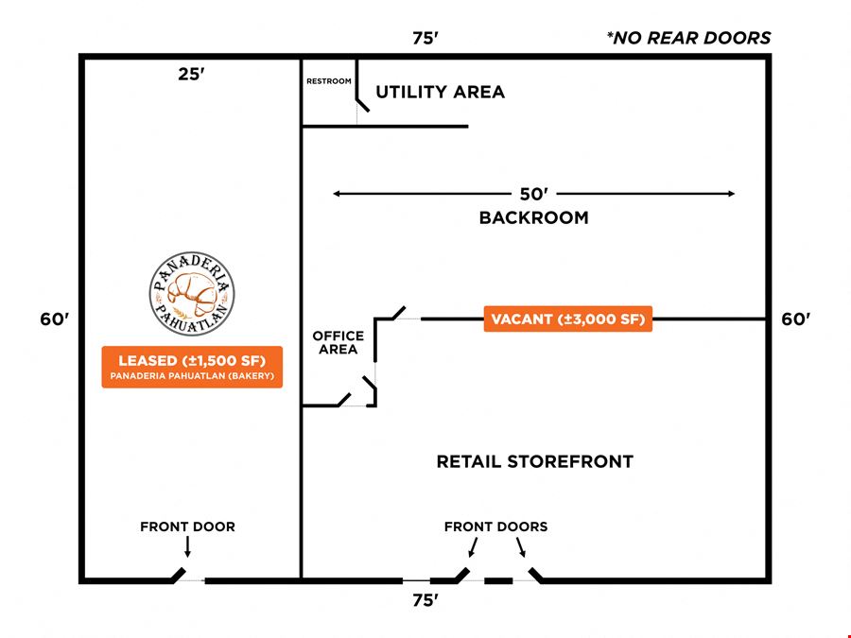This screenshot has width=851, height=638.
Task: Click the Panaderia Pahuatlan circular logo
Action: [192, 294]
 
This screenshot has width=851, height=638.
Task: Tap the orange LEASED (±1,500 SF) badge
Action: [192, 367]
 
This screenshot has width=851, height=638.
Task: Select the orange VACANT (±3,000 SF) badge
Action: [567, 319]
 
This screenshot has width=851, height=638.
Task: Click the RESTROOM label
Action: [329, 81]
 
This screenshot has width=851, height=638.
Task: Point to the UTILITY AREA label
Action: [440, 93]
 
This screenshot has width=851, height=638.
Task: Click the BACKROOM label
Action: [533, 217]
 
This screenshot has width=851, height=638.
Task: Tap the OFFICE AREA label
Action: [339, 342]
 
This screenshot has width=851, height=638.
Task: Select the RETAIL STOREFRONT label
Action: [534, 461]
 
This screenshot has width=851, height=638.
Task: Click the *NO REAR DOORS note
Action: [688, 38]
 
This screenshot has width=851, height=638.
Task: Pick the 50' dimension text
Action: [534, 194]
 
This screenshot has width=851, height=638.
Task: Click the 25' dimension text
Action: [192, 74]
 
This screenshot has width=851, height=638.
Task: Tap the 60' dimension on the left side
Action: [55, 319]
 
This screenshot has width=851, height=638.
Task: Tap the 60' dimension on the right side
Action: [795, 319]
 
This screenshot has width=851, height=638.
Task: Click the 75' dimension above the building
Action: [425, 38]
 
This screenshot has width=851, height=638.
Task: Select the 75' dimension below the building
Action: [425, 600]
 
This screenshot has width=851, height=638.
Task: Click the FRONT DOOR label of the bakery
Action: [188, 526]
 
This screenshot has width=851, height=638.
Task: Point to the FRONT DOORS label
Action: [496, 526]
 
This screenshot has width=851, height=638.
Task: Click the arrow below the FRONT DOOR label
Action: [188, 547]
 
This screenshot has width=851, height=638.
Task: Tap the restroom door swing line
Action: [363, 105]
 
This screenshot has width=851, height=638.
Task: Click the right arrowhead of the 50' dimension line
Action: [731, 194]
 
